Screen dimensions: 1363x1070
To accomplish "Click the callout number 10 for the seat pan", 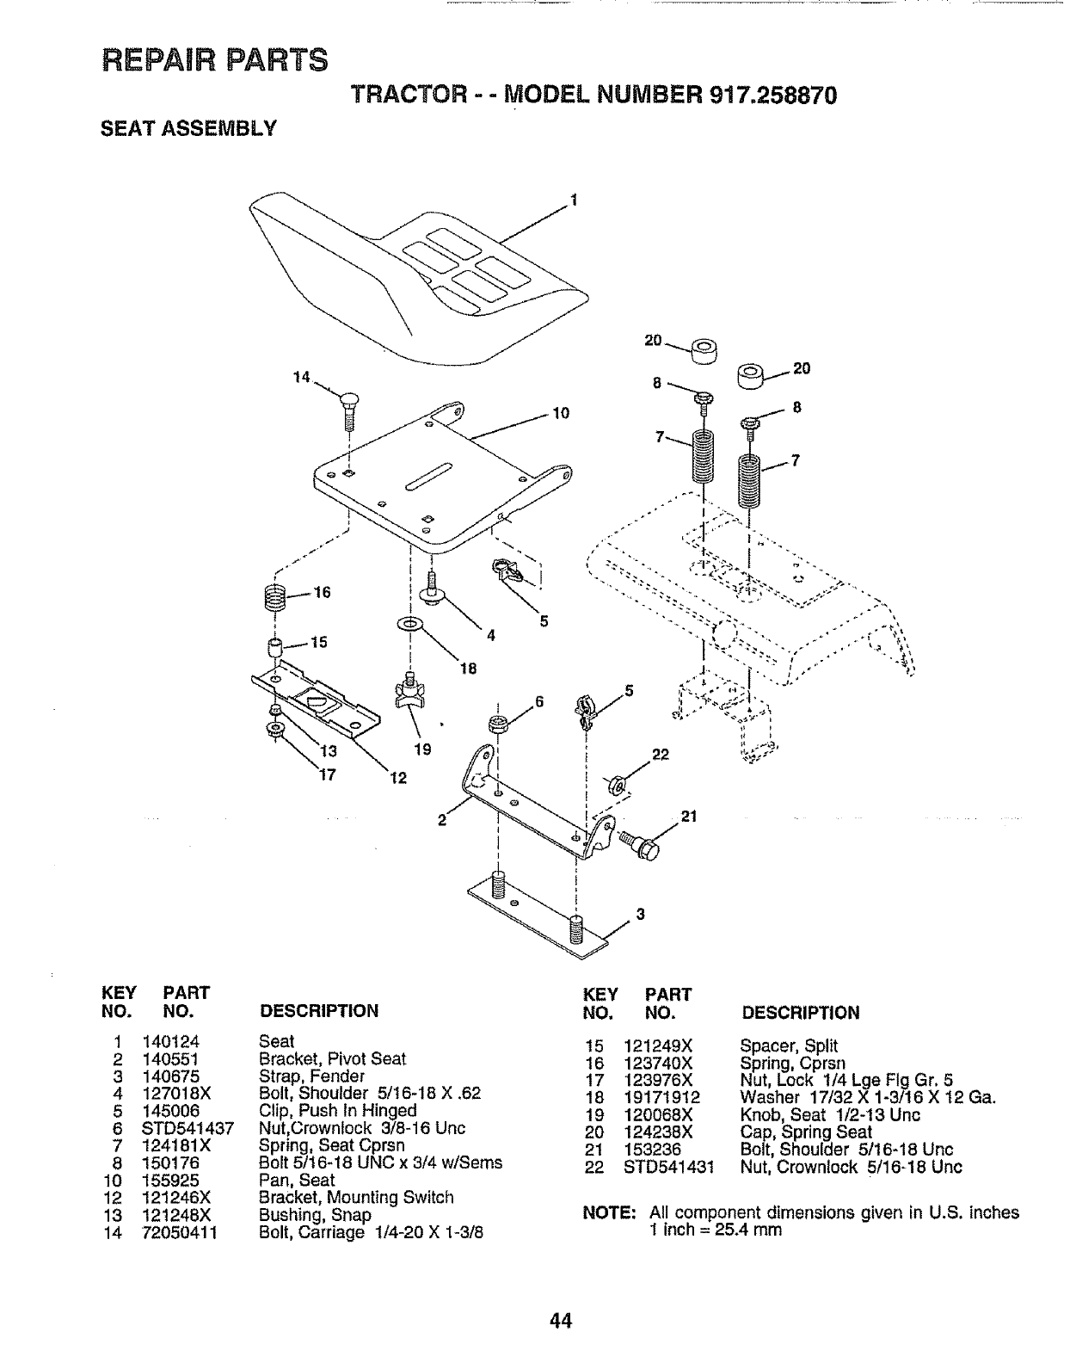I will pyautogui.click(x=561, y=414).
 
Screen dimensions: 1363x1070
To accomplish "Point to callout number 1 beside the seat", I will pyautogui.click(x=573, y=203).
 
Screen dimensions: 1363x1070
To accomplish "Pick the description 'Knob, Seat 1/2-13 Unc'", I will pyautogui.click(x=829, y=1115).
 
